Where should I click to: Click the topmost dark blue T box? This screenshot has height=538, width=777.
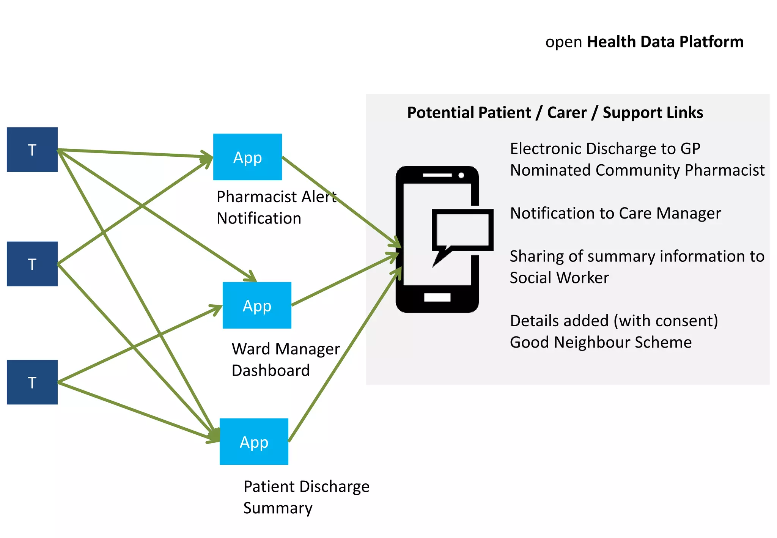32,149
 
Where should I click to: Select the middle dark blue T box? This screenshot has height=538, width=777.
32,264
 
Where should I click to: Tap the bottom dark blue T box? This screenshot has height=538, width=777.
32,382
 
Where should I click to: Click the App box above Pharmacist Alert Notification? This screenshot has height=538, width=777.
247,157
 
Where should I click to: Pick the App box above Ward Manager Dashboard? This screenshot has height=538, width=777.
257,305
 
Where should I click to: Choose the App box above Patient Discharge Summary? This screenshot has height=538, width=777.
254,442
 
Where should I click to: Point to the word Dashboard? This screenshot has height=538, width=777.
271,371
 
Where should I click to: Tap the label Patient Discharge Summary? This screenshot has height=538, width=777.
306,497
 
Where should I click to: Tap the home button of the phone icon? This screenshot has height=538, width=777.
437,297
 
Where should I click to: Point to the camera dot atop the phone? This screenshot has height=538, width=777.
461,175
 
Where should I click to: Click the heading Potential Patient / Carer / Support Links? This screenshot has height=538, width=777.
555,113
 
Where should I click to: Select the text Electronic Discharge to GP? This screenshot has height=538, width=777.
605,149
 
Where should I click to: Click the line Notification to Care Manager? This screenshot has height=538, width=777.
615,213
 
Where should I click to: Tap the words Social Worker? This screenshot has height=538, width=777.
559,278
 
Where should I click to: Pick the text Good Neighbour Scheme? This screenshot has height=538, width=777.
600,342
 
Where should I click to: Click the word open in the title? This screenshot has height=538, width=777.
563,42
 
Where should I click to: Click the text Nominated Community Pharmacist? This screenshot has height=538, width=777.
637,170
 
